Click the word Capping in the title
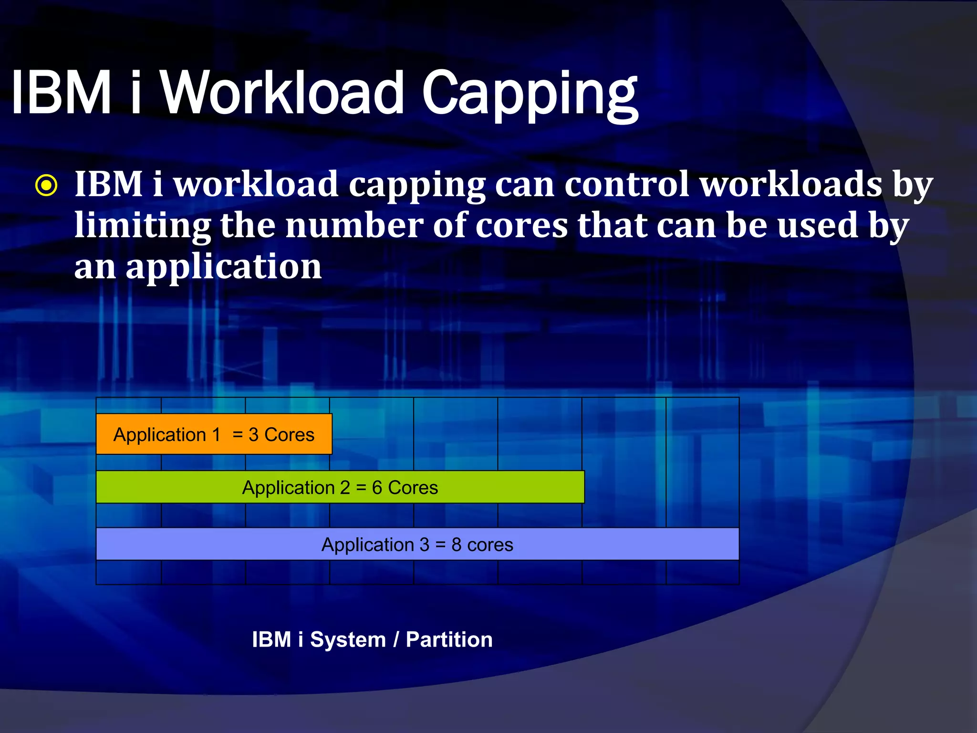(530, 93)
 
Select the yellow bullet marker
(46, 186)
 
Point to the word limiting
(142, 225)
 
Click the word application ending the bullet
(224, 266)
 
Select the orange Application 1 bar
(214, 434)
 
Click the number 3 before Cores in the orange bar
(253, 435)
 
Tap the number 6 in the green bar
(377, 488)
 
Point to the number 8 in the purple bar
(457, 545)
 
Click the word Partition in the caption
(449, 639)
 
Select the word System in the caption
(348, 639)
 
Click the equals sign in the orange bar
(238, 435)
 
